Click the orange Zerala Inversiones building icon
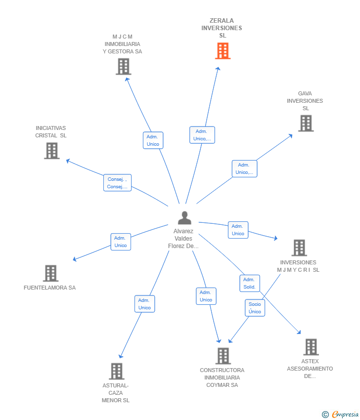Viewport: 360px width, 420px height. [223, 51]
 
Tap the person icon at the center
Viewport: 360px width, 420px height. [184, 218]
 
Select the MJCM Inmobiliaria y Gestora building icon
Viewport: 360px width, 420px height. [123, 66]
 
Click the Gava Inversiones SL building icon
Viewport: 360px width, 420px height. [306, 124]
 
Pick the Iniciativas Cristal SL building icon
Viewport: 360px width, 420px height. [51, 151]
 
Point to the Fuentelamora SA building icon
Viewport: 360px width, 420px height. [50, 273]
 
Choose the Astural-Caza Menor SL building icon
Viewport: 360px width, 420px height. [116, 371]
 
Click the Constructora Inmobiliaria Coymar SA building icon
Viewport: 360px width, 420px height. [223, 356]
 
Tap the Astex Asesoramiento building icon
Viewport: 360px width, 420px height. [311, 347]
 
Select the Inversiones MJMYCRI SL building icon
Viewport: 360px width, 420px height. [299, 248]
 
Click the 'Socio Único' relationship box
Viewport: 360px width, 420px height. [255, 308]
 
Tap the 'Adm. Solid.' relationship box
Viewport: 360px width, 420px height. [249, 283]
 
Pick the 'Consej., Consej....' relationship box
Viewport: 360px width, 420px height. [117, 183]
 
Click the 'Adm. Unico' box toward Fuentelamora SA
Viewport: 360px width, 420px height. [121, 242]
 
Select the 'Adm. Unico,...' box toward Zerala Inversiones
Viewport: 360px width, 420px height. [202, 135]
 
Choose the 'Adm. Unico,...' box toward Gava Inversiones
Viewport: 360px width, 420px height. [244, 168]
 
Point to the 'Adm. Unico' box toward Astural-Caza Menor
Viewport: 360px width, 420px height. [144, 304]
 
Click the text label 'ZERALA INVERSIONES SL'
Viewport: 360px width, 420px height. [222, 28]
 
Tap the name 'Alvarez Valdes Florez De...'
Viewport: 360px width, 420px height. [183, 239]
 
